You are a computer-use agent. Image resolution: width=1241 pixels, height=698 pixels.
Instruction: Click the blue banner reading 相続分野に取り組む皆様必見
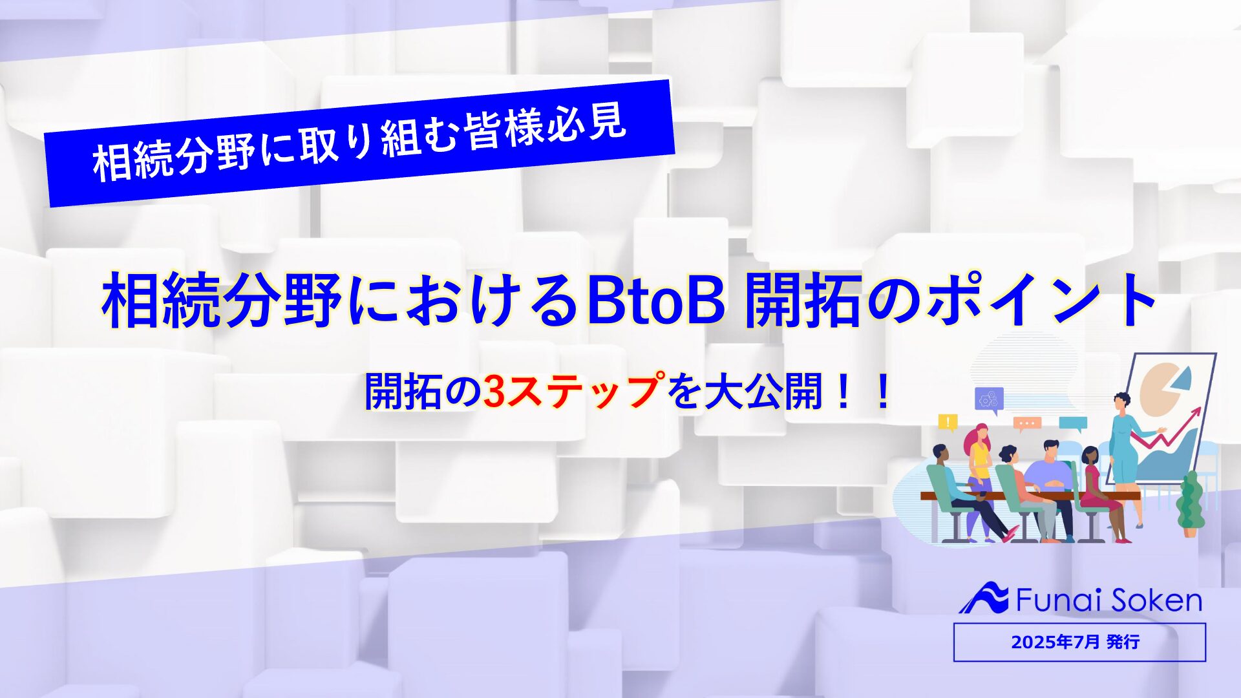[x=359, y=143]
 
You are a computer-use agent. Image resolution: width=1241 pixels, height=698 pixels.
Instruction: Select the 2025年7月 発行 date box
[x=1079, y=642]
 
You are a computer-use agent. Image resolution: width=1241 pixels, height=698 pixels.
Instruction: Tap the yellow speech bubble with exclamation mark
[x=948, y=423]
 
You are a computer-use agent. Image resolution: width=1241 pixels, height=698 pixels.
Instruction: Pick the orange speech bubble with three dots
[x=1027, y=425]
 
